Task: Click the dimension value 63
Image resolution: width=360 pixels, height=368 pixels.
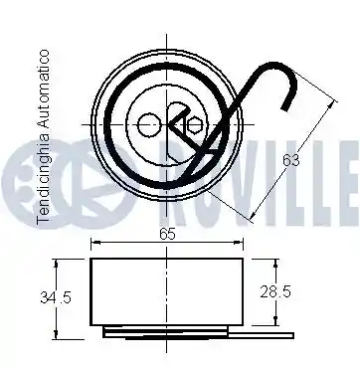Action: pos(291,160)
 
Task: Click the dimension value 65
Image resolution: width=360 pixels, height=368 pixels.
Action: pos(167,234)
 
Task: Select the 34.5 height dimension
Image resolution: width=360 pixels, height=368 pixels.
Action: pos(56,297)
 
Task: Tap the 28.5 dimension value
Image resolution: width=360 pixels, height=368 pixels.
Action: pos(275,291)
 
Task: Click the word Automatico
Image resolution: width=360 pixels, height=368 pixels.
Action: pos(44,89)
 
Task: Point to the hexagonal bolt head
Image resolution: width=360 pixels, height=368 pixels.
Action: pos(193,125)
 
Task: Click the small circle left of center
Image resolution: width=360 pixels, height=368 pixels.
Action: pos(148,125)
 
